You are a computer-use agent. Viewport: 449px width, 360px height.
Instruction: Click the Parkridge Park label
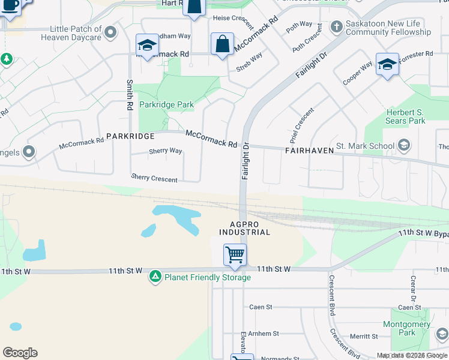click(x=166, y=104)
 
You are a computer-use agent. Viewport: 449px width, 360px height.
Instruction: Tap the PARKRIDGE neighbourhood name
click(x=131, y=136)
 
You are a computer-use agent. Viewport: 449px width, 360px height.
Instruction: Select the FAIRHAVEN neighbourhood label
click(x=309, y=151)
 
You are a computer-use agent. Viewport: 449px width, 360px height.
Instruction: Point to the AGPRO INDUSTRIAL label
click(x=244, y=228)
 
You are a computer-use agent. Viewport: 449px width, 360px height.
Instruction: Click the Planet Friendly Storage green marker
click(x=155, y=276)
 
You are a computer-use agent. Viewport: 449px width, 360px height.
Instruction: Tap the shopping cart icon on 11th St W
click(x=235, y=254)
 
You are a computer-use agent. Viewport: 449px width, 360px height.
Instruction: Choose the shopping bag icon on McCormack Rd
click(x=222, y=44)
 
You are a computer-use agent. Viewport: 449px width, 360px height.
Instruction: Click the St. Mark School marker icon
click(x=404, y=145)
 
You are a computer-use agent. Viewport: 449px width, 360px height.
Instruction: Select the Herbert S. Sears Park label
click(x=405, y=116)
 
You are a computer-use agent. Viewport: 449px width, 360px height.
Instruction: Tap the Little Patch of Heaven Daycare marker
click(x=110, y=31)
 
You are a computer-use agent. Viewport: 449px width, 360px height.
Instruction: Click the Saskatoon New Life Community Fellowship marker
click(x=337, y=27)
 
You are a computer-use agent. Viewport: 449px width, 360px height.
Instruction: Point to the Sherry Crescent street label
click(x=154, y=179)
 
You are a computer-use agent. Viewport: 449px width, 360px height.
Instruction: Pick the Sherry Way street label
click(x=165, y=151)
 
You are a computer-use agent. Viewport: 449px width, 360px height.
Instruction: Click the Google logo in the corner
click(x=20, y=353)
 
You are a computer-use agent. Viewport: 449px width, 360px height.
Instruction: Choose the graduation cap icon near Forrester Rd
click(x=387, y=64)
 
